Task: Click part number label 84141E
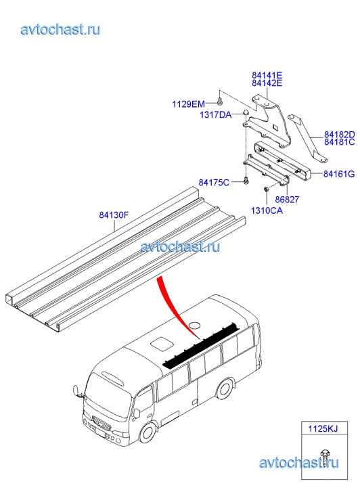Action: pyautogui.click(x=267, y=75)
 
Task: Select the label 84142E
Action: pyautogui.click(x=267, y=83)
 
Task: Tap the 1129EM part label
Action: pyautogui.click(x=188, y=104)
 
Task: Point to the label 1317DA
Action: pyautogui.click(x=216, y=114)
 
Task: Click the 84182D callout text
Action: pyautogui.click(x=340, y=135)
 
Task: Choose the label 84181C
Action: pyautogui.click(x=340, y=142)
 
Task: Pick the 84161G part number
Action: pyautogui.click(x=339, y=174)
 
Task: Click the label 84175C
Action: pyautogui.click(x=214, y=182)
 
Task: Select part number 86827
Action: pyautogui.click(x=287, y=200)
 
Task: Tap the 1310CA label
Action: pyautogui.click(x=267, y=210)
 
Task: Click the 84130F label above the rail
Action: pyautogui.click(x=114, y=215)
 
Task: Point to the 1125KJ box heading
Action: pyautogui.click(x=323, y=428)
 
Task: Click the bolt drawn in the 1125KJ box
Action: pyautogui.click(x=324, y=457)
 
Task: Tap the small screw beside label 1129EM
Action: pyautogui.click(x=220, y=102)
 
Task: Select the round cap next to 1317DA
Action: pyautogui.click(x=246, y=112)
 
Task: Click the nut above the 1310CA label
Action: pyautogui.click(x=267, y=189)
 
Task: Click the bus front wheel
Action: pyautogui.click(x=147, y=433)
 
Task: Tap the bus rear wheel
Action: pyautogui.click(x=225, y=388)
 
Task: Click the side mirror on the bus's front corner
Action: pyautogui.click(x=76, y=390)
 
